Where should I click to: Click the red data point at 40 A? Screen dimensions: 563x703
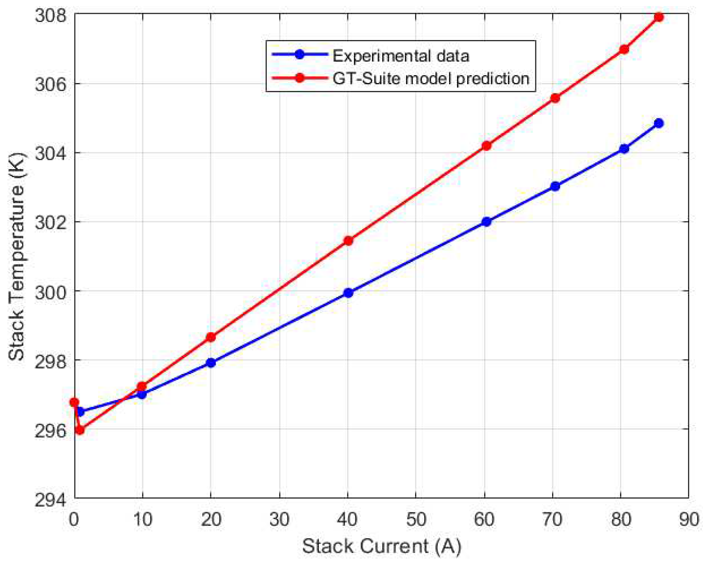348,241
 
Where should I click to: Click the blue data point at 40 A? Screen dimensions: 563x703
348,293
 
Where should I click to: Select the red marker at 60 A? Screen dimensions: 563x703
486,146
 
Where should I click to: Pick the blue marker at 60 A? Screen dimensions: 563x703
486,222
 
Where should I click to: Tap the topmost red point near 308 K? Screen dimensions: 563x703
659,17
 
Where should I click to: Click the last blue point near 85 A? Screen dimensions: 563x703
659,123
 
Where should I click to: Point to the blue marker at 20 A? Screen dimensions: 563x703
211,363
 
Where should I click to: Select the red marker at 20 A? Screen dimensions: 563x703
211,337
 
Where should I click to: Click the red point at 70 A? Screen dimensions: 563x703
555,98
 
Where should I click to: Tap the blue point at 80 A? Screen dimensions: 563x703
624,149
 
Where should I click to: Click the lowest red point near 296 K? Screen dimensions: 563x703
79,430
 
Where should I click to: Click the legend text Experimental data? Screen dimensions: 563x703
401,56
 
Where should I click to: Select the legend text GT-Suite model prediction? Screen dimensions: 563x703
431,78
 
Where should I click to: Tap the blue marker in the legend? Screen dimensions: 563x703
300,55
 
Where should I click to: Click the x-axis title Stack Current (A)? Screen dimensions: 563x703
382,546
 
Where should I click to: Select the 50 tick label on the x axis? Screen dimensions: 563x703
416,519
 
